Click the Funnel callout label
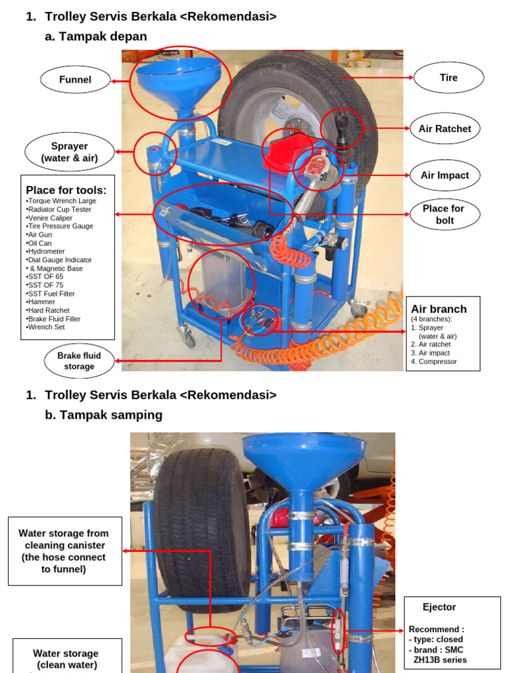click(75, 80)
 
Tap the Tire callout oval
click(448, 78)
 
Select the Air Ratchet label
click(445, 129)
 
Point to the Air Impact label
click(445, 175)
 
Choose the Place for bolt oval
click(443, 214)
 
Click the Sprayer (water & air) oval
click(69, 152)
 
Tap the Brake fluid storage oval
click(79, 361)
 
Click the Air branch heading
click(439, 309)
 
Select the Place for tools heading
click(66, 191)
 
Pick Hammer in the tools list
click(41, 302)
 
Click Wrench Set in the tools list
click(47, 327)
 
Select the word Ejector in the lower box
click(439, 607)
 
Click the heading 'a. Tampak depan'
click(96, 37)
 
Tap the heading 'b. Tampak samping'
click(103, 415)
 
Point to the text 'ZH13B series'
click(440, 660)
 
